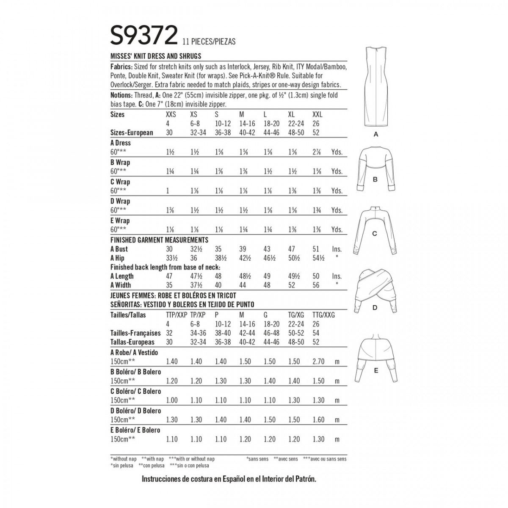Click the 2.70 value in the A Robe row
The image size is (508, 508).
tap(318, 362)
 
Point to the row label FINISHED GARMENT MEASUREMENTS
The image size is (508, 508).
tap(159, 240)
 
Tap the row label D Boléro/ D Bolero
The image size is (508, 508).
tap(135, 411)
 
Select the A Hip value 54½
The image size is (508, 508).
tap(319, 258)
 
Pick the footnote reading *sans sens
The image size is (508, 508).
tap(257, 459)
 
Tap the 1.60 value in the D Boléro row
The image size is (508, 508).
tap(318, 420)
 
